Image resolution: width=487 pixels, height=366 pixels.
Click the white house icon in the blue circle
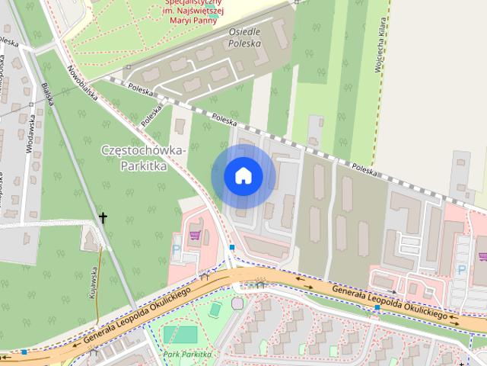coord(243,175)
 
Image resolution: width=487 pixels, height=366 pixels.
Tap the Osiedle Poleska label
coord(244,38)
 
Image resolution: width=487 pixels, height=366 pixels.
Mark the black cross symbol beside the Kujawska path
coord(103,218)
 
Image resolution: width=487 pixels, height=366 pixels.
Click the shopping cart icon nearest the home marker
coord(195,234)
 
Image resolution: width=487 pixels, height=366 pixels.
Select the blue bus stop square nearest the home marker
coord(231,247)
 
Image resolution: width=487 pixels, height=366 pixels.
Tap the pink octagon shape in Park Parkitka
coord(237,304)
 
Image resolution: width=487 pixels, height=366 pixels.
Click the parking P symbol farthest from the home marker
coord(460,269)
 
